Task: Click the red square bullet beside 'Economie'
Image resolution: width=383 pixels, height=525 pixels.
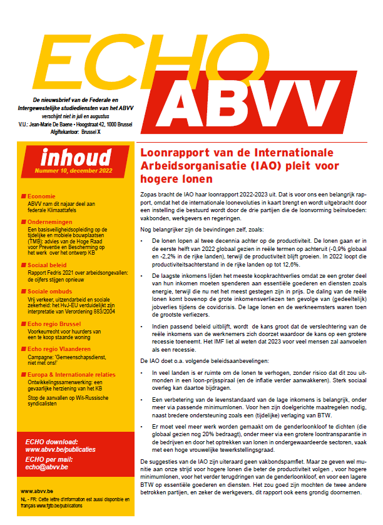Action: (23, 196)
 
